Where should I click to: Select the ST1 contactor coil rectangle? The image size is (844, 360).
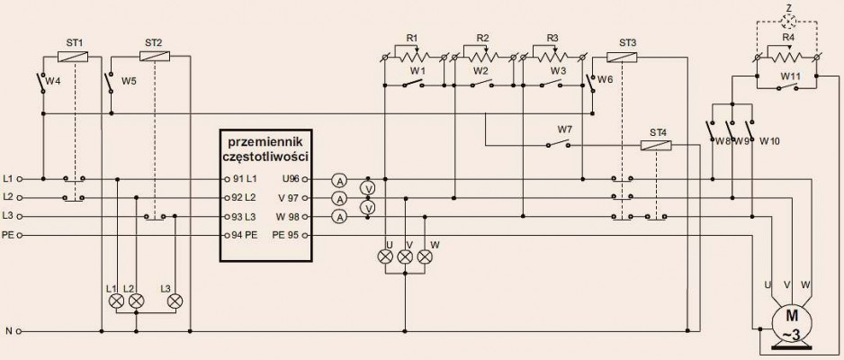coord(73,56)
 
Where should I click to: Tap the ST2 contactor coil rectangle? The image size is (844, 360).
coord(155,56)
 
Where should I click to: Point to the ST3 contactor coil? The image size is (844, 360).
coord(622,57)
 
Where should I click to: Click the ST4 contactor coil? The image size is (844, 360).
coord(656,145)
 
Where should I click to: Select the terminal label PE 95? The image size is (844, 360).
coord(286,235)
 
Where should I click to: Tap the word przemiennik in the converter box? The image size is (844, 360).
coord(266,142)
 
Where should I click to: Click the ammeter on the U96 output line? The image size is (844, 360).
coord(339,179)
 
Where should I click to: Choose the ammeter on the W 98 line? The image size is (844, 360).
coord(339,217)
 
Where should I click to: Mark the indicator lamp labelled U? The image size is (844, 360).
coord(385,256)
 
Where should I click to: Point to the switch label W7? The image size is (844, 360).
coord(565,130)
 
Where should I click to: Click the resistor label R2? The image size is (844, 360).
coord(483,38)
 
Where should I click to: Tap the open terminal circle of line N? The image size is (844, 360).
coord(20,331)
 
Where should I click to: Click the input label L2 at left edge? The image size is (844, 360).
coord(7,197)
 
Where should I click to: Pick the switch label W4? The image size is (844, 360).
coord(53,81)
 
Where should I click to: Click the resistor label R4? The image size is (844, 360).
coord(788,38)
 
